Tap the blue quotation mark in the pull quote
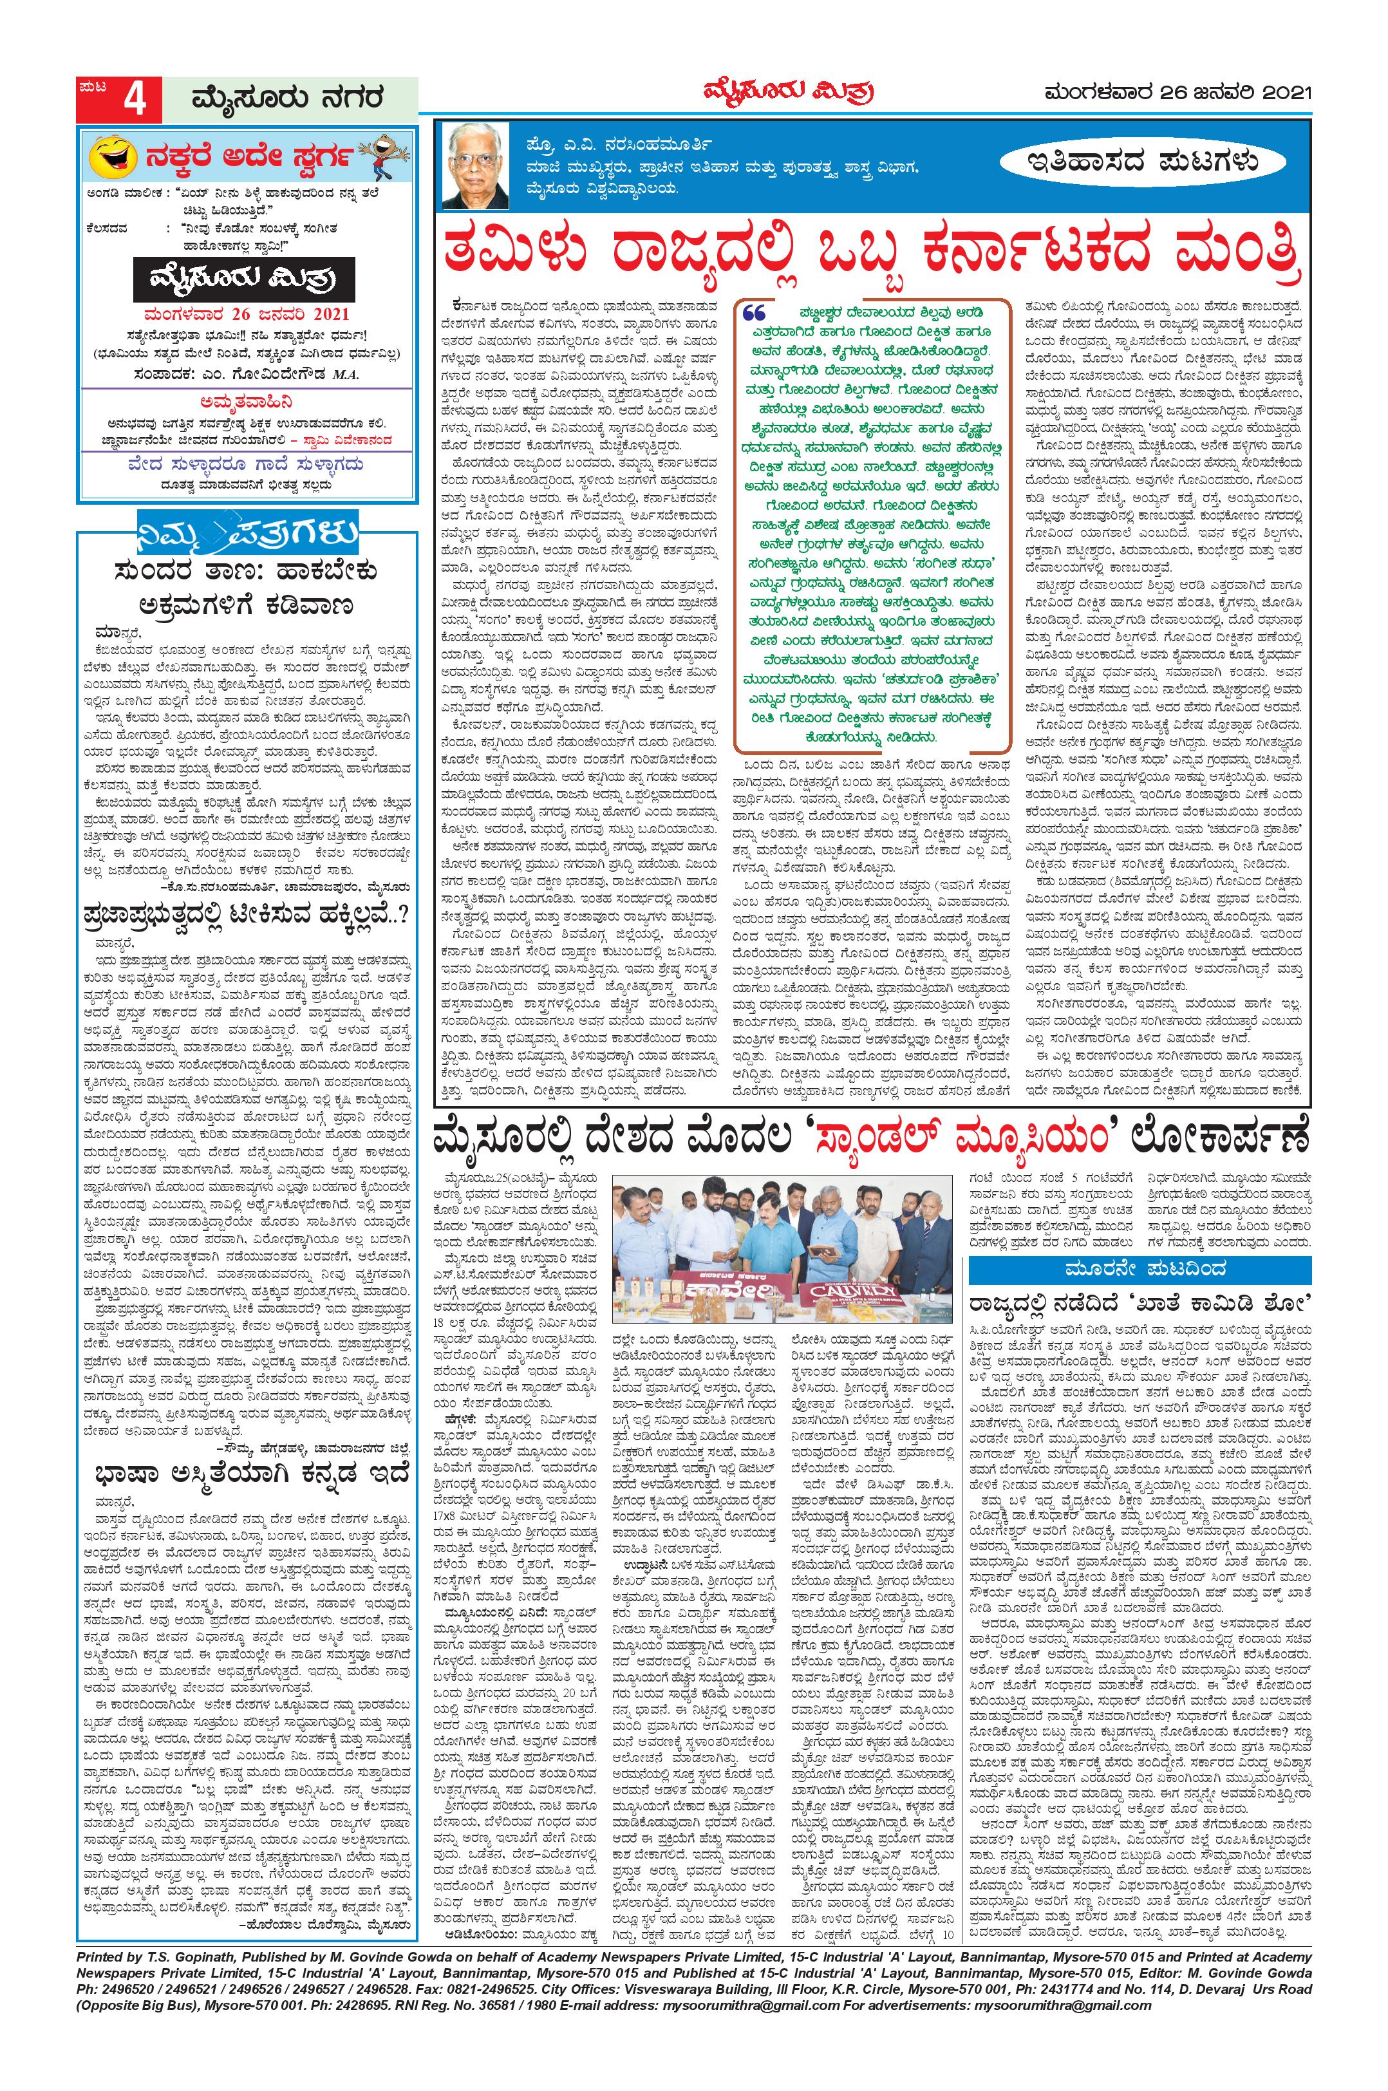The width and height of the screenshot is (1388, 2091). tap(755, 314)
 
